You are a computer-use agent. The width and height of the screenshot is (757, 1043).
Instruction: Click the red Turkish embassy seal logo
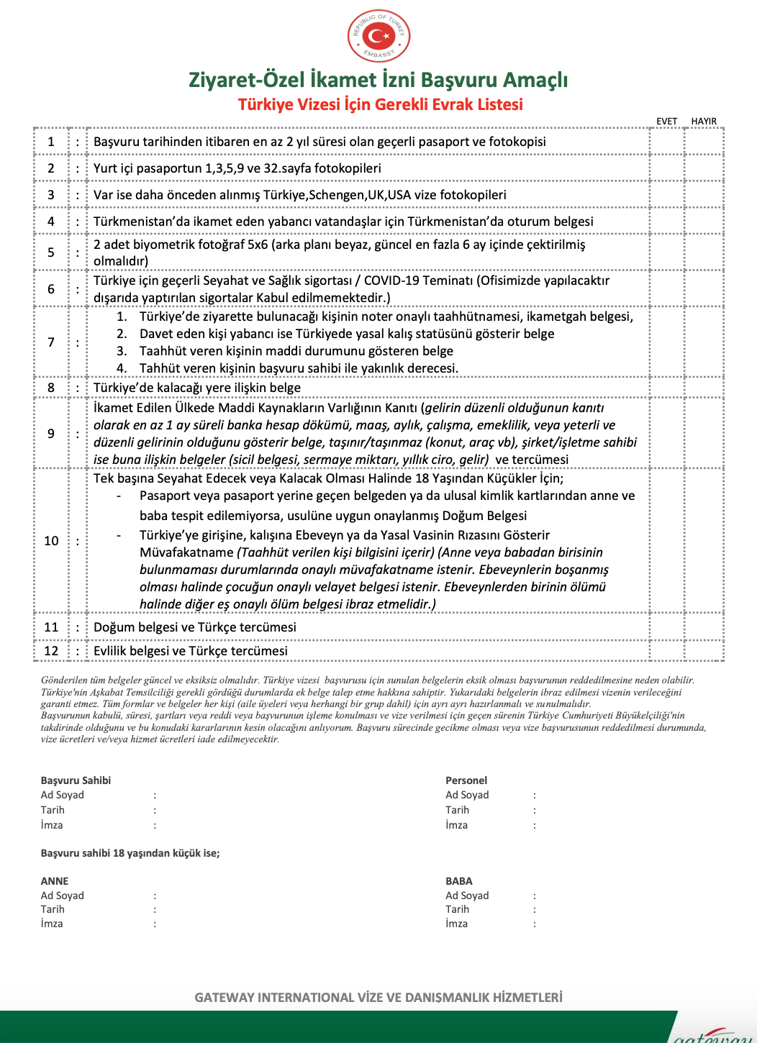pyautogui.click(x=378, y=36)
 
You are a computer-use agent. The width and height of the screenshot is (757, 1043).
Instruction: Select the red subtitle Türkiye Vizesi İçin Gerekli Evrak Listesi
pyautogui.click(x=380, y=104)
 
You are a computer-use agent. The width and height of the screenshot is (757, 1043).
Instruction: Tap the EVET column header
pyautogui.click(x=666, y=122)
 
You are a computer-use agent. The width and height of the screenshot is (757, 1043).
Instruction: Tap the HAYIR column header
pyautogui.click(x=704, y=122)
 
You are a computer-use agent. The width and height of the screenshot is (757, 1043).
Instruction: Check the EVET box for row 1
pyautogui.click(x=667, y=142)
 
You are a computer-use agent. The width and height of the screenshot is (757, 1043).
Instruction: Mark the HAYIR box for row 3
pyautogui.click(x=704, y=195)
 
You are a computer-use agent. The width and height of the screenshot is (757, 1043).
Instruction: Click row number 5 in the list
pyautogui.click(x=51, y=252)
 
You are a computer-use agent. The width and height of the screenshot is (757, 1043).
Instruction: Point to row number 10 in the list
pyautogui.click(x=51, y=541)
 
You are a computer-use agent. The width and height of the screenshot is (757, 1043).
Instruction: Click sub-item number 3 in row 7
pyautogui.click(x=122, y=351)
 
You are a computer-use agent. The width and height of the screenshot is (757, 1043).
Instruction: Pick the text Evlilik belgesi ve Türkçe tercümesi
pyautogui.click(x=191, y=651)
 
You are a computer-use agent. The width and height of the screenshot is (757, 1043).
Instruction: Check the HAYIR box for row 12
pyautogui.click(x=704, y=651)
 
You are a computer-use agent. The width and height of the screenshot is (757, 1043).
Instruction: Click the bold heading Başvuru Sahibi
pyautogui.click(x=76, y=780)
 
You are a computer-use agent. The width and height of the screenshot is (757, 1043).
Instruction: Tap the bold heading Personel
pyautogui.click(x=466, y=780)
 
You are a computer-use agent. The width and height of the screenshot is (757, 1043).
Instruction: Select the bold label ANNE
pyautogui.click(x=55, y=881)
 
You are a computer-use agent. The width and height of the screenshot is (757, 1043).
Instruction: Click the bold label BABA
pyautogui.click(x=459, y=881)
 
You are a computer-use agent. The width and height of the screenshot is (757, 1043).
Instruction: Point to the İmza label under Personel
pyautogui.click(x=456, y=825)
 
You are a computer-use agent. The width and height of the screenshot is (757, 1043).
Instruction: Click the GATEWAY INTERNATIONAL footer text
pyautogui.click(x=378, y=998)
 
